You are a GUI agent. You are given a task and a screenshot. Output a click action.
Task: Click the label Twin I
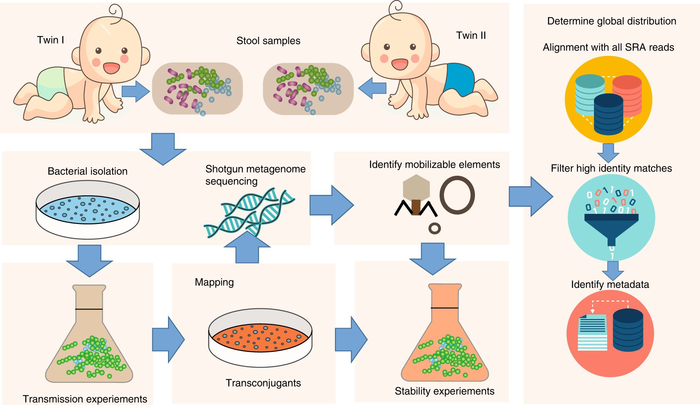(50, 40)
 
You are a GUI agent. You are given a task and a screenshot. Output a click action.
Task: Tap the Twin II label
(471, 35)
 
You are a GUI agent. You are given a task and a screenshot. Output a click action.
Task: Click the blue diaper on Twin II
(458, 79)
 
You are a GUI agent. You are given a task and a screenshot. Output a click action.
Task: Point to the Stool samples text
(268, 41)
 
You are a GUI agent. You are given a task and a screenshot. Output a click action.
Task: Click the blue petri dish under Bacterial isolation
(87, 209)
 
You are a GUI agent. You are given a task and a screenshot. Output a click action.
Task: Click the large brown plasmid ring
(457, 195)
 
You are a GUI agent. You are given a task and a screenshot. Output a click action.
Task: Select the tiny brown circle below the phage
(434, 229)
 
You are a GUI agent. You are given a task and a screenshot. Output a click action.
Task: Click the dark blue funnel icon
(611, 227)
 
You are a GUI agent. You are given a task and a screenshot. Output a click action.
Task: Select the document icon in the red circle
(593, 332)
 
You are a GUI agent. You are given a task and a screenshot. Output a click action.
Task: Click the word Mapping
(214, 282)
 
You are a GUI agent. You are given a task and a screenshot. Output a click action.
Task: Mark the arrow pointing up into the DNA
(247, 248)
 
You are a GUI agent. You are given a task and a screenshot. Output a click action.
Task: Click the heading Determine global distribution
(611, 21)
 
